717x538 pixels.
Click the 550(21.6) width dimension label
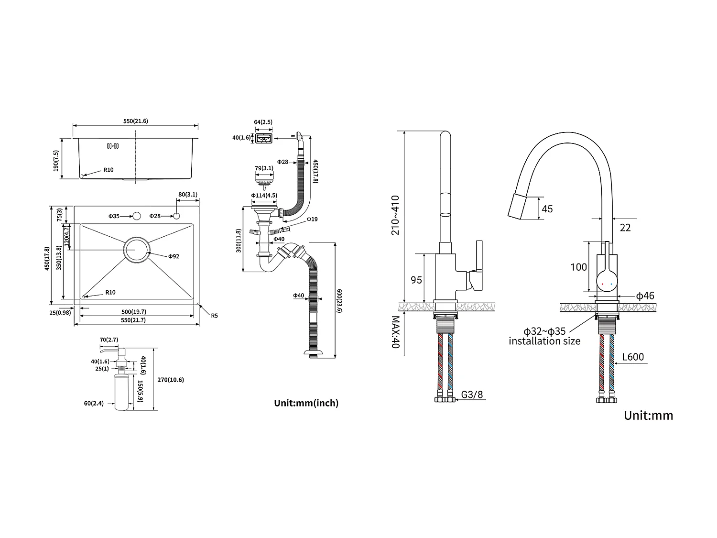pyautogui.click(x=136, y=121)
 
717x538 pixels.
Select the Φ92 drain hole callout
pyautogui.click(x=174, y=256)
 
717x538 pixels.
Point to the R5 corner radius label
pyautogui.click(x=215, y=315)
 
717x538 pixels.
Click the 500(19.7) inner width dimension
pyautogui.click(x=133, y=312)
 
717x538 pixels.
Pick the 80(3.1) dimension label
pyautogui.click(x=188, y=194)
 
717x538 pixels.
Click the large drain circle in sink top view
pyautogui.click(x=137, y=250)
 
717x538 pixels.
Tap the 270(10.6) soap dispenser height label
pyautogui.click(x=171, y=380)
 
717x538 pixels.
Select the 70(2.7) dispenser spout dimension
pyautogui.click(x=109, y=340)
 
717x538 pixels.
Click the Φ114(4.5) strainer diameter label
pyautogui.click(x=264, y=195)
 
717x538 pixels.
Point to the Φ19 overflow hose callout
pyautogui.click(x=312, y=219)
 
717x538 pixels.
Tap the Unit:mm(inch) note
pyautogui.click(x=306, y=403)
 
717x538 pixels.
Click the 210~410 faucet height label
pyautogui.click(x=395, y=215)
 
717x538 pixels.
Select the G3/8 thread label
pyautogui.click(x=472, y=395)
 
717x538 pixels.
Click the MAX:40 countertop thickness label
pyautogui.click(x=395, y=332)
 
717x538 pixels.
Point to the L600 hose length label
pyautogui.click(x=633, y=357)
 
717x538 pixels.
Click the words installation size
pyautogui.click(x=544, y=341)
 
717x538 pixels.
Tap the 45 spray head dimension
pyautogui.click(x=547, y=209)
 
